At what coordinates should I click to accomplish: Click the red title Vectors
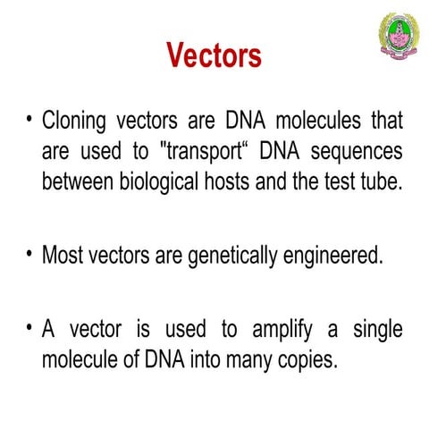pos(214,55)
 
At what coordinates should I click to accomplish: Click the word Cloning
pos(75,121)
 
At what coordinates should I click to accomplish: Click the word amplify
pos(283,331)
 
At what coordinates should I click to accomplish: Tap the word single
pos(376,331)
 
